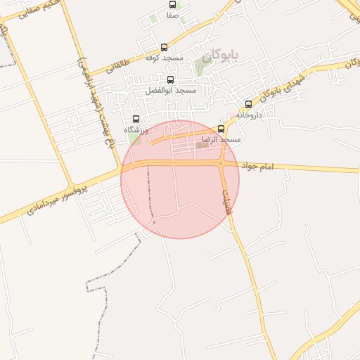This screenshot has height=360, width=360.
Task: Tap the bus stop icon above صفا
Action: click(172, 5)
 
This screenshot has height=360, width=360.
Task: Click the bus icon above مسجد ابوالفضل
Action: click(170, 80)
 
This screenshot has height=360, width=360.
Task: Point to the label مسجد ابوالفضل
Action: click(171, 91)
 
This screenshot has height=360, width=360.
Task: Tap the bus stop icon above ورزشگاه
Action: click(136, 120)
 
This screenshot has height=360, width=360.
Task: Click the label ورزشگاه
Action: click(136, 130)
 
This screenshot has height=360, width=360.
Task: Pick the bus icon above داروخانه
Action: click(248, 104)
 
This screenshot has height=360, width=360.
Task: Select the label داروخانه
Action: click(249, 114)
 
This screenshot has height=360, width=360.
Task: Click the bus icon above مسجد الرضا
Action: click(221, 129)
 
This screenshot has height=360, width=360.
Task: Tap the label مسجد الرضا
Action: click(221, 140)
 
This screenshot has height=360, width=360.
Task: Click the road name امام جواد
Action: click(257, 167)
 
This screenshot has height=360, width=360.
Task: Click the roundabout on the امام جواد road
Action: click(221, 164)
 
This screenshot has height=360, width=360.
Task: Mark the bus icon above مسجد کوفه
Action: click(164, 47)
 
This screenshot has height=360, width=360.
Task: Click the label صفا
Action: click(172, 15)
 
